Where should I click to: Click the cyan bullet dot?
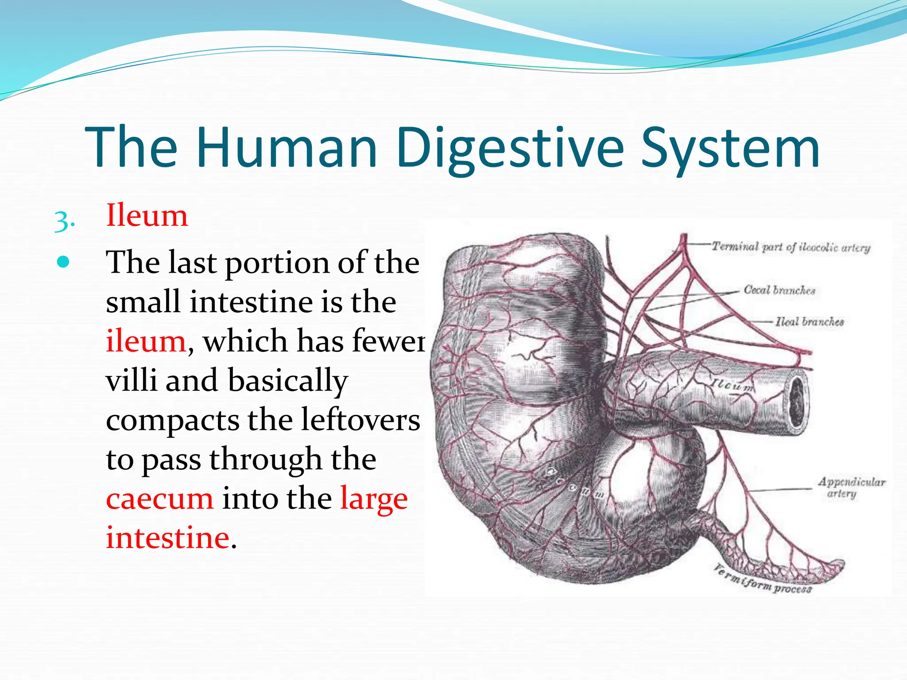[64, 262]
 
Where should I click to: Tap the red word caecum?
[159, 498]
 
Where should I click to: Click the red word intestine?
[167, 537]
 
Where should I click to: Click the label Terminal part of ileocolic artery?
[791, 247]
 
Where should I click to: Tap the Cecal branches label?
[779, 290]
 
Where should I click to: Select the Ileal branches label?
[810, 321]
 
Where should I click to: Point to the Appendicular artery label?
[851, 487]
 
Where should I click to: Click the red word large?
[374, 498]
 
